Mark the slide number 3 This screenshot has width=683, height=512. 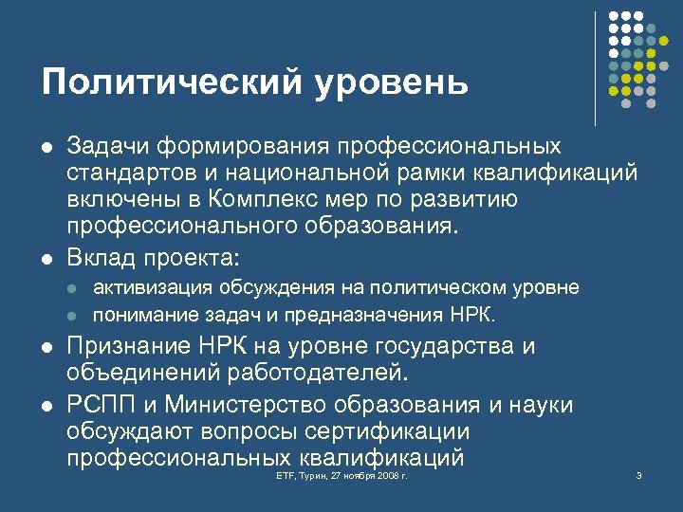click(x=639, y=473)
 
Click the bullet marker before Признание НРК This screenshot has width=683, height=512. click(x=46, y=347)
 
